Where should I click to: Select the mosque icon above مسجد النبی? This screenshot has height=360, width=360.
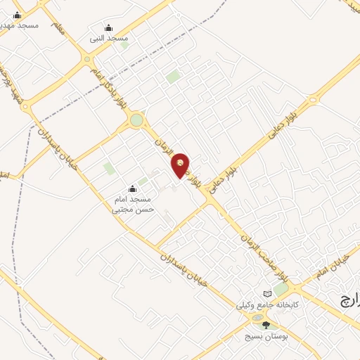(x=108, y=28)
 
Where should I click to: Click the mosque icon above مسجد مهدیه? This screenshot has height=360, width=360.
(x=17, y=15)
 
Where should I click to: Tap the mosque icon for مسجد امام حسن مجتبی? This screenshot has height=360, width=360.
(x=132, y=188)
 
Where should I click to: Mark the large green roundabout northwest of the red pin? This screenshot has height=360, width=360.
(x=136, y=121)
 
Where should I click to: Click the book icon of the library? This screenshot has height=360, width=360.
(x=267, y=293)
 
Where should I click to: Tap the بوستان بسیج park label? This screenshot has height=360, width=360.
(x=271, y=335)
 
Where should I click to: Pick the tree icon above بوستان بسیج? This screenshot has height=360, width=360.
(x=265, y=324)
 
